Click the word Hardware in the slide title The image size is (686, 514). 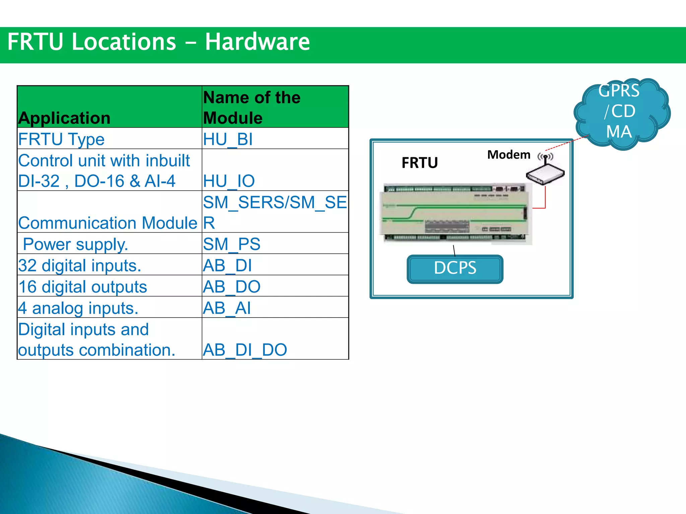257,42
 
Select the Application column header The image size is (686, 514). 64,118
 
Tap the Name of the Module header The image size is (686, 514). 252,107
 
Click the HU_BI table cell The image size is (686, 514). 228,139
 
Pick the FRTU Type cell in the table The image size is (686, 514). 61,139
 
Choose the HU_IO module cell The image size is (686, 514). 229,181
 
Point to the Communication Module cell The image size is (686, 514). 108,223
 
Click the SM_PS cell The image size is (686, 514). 231,244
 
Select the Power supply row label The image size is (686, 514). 75,244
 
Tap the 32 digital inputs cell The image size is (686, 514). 80,265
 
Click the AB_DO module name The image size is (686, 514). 231,287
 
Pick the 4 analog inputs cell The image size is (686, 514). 78,308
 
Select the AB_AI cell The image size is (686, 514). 227,308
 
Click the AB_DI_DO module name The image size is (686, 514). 245,350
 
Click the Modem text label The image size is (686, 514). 508,155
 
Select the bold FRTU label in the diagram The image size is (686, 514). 419,163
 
